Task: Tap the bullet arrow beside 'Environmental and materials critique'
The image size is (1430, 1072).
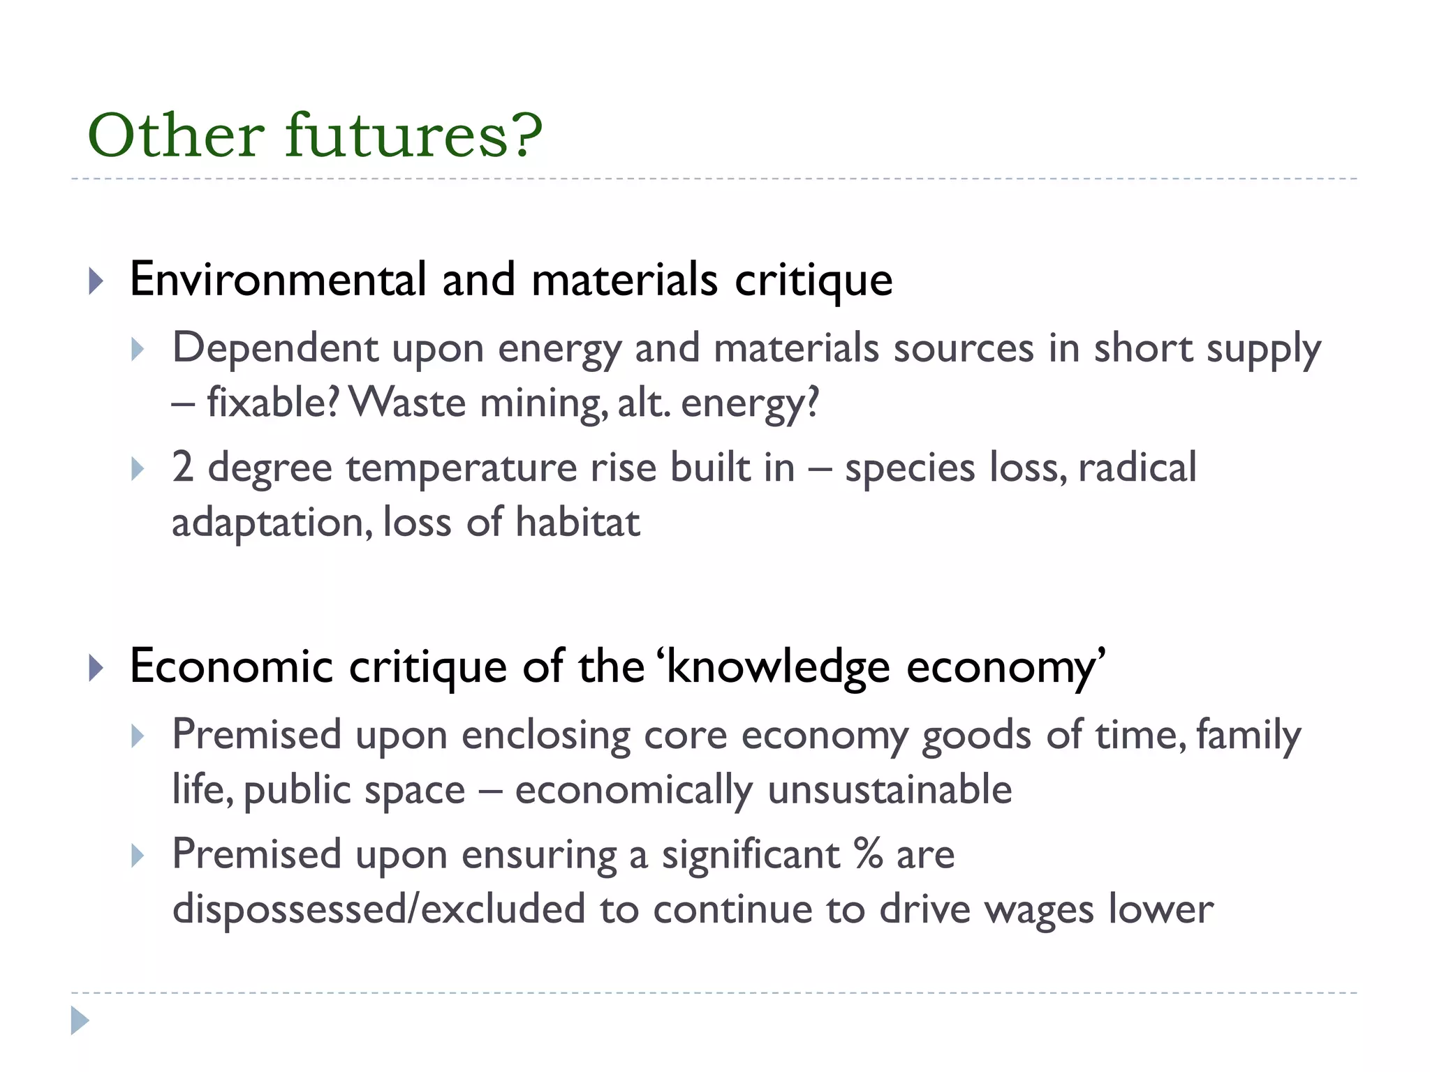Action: [x=96, y=281]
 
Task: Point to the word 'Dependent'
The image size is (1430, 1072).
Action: [x=275, y=348]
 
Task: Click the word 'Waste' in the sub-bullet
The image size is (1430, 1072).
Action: [x=406, y=403]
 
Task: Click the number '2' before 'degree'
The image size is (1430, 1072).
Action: [x=182, y=467]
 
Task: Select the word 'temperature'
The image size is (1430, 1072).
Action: [x=461, y=468]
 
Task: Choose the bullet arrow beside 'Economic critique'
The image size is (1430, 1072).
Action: [x=96, y=669]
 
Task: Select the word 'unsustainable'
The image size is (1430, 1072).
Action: [x=890, y=789]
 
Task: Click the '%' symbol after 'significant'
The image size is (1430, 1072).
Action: [x=868, y=854]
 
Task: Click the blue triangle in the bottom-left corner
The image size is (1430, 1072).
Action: [x=80, y=1020]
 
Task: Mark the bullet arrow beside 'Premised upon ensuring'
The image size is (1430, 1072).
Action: [x=138, y=856]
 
